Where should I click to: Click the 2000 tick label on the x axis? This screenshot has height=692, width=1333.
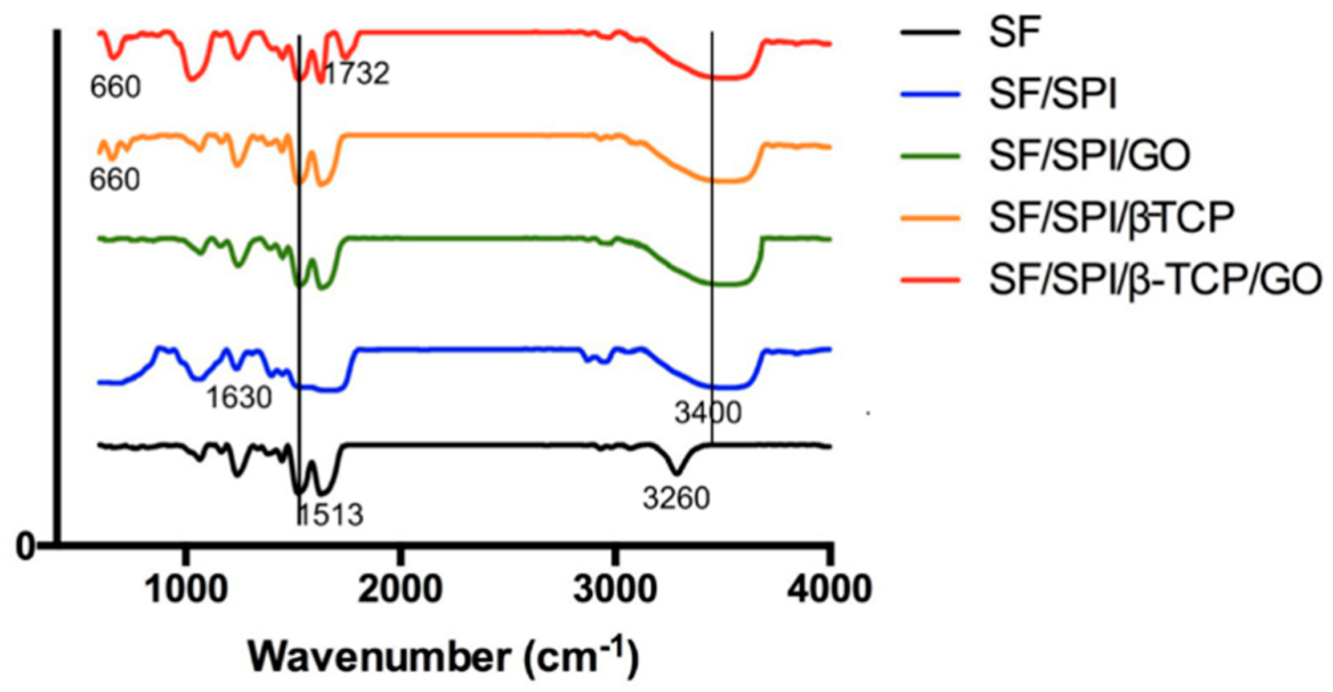400,588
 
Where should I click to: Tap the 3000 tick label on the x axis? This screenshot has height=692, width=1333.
615,588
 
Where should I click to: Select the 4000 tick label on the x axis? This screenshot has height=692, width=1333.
829,588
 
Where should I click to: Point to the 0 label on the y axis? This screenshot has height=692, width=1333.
26,546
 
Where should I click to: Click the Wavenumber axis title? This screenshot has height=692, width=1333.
443,657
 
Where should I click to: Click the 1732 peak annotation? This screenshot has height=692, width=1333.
357,73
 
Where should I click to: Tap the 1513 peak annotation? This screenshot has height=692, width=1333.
331,515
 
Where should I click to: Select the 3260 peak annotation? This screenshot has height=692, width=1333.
676,498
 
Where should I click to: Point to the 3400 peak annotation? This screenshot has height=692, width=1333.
708,412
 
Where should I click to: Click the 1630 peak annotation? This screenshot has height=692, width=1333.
238,398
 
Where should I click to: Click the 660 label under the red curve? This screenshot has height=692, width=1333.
115,87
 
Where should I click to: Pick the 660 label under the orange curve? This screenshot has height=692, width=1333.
115,180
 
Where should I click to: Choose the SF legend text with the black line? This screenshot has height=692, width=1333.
1015,32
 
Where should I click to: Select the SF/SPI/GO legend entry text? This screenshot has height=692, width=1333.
1089,156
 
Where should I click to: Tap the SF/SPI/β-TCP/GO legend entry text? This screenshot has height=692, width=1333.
1155,279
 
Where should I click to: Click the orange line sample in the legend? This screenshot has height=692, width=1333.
930,217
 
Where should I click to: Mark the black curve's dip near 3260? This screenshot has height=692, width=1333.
676,473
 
